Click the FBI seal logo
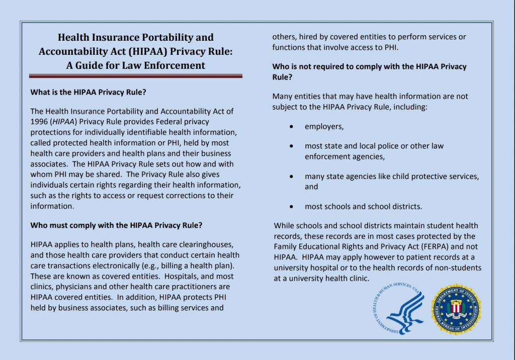point(456,309)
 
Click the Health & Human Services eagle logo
point(398,310)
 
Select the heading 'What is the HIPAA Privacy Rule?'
point(89,93)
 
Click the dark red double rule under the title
point(136,76)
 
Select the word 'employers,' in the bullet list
point(324,127)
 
